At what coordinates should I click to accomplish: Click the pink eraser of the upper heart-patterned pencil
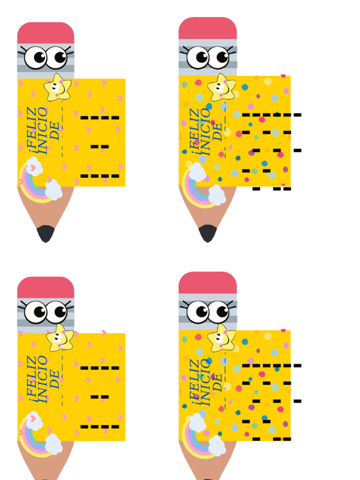[x=45, y=33]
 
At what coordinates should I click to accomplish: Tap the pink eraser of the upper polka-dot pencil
[x=208, y=28]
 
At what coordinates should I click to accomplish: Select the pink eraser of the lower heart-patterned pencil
[x=45, y=287]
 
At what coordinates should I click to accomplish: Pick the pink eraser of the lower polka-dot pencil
[x=208, y=283]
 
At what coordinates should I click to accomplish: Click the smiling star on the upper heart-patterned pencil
[x=58, y=88]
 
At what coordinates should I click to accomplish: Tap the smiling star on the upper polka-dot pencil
[x=221, y=87]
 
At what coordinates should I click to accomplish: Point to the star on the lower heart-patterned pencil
[x=60, y=338]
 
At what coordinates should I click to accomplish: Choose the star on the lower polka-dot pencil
[x=221, y=337]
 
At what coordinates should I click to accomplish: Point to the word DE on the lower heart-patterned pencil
[x=54, y=380]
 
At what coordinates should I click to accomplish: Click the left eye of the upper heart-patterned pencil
[x=36, y=57]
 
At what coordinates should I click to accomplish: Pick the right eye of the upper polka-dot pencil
[x=218, y=57]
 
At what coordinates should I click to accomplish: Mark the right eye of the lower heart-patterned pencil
[x=56, y=312]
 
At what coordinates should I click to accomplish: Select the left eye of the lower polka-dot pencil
[x=198, y=312]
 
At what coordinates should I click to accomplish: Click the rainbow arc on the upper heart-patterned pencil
[x=30, y=190]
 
